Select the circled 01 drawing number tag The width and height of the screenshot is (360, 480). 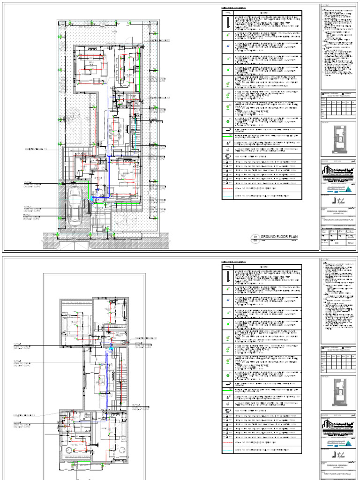[x=256, y=238]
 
